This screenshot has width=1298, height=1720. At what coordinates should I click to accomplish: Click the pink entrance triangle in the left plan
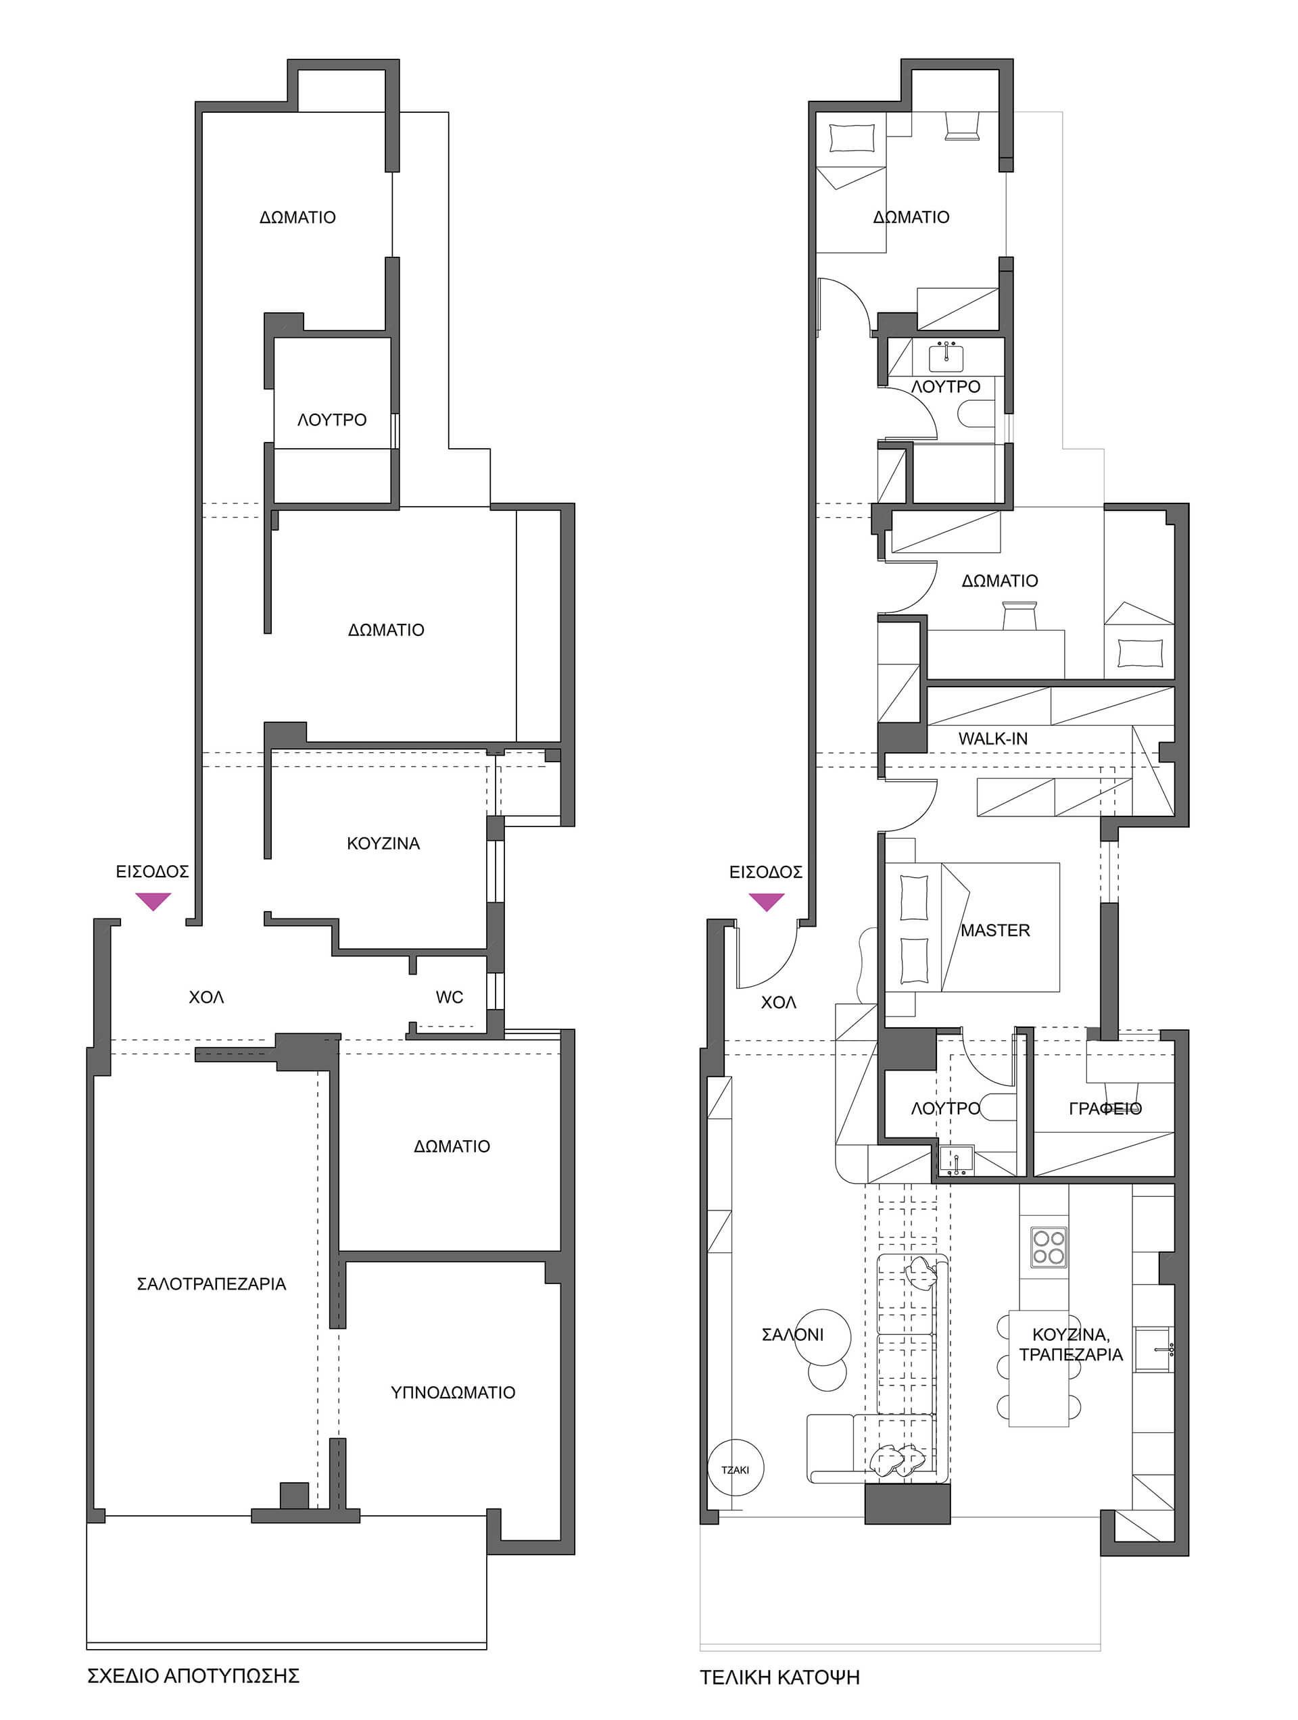[x=153, y=901]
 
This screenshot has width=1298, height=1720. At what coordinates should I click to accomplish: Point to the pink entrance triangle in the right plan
[x=766, y=901]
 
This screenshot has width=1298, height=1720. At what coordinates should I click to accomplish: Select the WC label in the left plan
[x=450, y=997]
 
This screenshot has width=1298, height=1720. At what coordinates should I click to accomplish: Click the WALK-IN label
[x=992, y=739]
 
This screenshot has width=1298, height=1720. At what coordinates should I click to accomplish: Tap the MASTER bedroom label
[x=994, y=930]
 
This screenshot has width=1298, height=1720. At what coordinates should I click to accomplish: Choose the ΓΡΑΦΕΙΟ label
[x=1105, y=1109]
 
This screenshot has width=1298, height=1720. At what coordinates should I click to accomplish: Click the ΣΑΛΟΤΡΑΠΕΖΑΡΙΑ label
[x=212, y=1284]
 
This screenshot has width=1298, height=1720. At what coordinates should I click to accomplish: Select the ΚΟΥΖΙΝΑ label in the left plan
[x=383, y=843]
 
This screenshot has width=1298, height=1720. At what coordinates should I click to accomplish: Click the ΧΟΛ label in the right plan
[x=779, y=1003]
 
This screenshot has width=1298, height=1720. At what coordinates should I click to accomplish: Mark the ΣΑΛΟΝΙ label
[x=792, y=1335]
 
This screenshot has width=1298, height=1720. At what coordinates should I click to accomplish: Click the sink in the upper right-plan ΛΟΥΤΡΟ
[x=946, y=357]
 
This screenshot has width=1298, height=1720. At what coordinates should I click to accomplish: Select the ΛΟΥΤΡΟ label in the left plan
[x=332, y=420]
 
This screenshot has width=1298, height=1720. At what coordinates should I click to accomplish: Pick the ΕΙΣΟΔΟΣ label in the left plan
[x=152, y=873]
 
